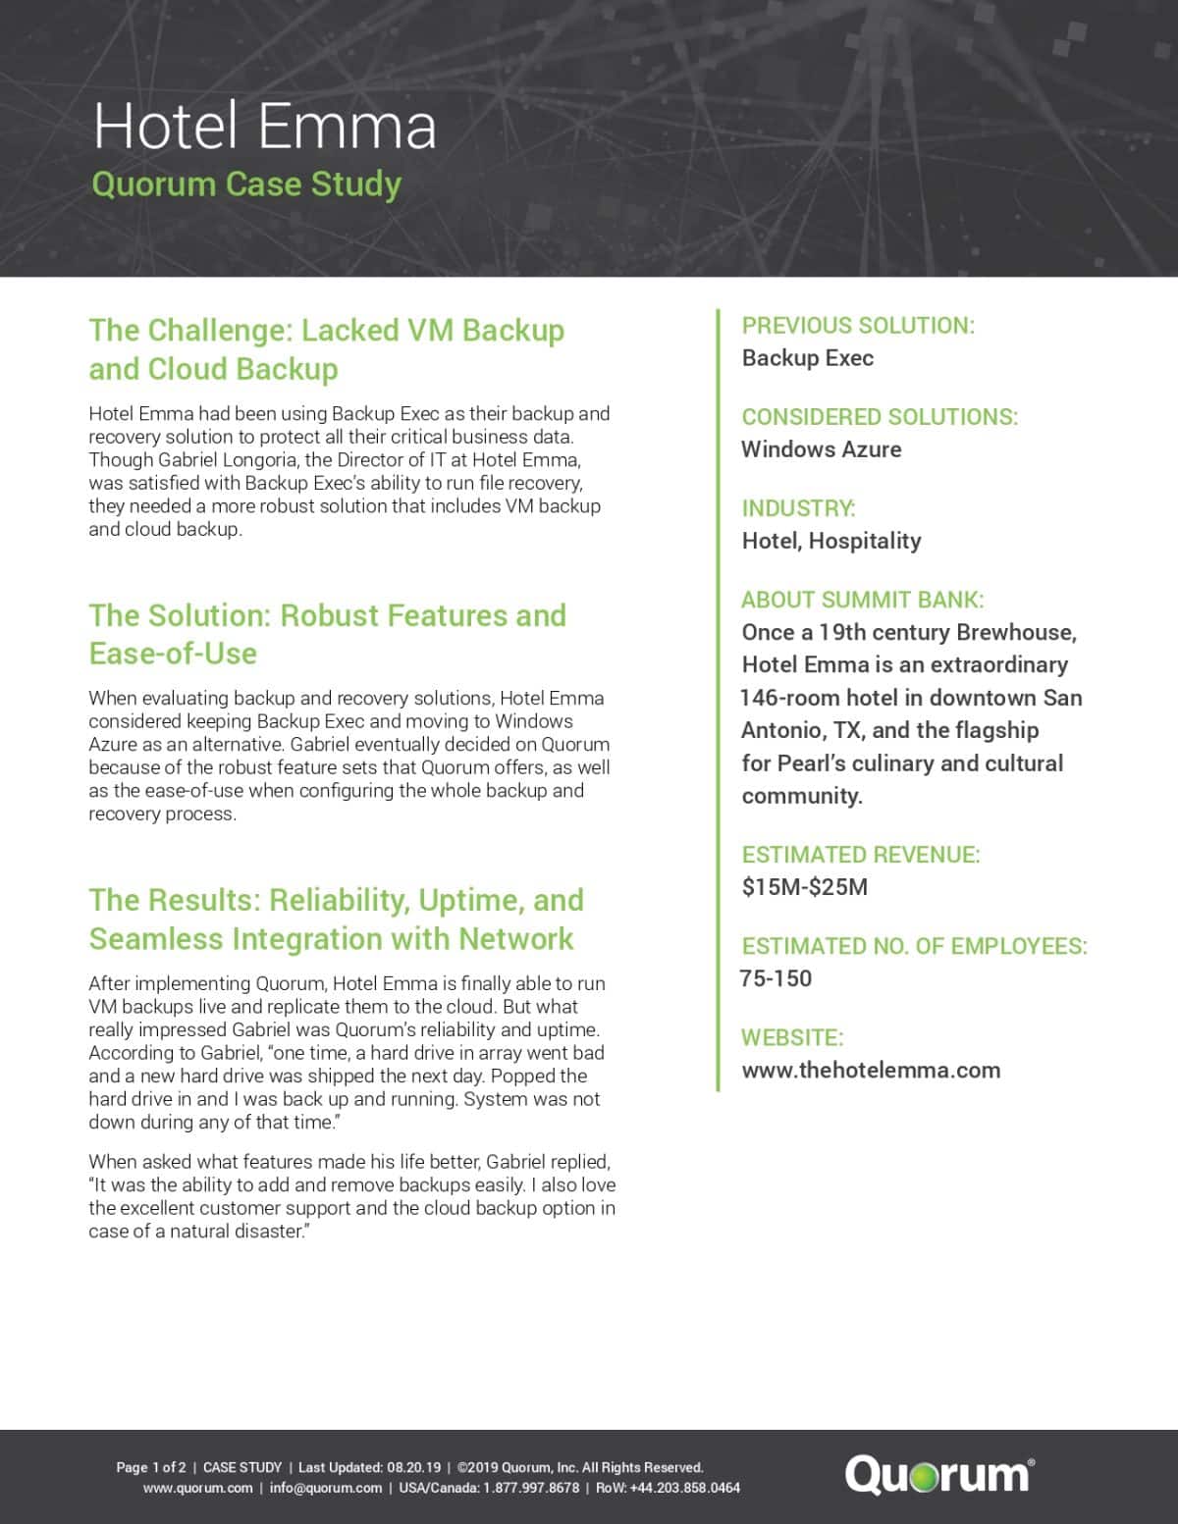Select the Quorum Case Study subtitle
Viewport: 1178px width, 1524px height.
[x=246, y=184]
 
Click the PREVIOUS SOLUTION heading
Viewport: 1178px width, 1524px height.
[x=858, y=326]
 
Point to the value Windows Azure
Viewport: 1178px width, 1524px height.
[x=821, y=449]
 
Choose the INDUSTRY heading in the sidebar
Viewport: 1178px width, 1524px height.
[x=798, y=508]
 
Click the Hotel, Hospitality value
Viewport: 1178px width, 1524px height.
[x=831, y=541]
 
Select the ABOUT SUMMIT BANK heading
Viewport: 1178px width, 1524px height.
[x=862, y=600]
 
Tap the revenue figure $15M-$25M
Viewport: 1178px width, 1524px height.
[x=804, y=887]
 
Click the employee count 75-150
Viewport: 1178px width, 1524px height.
[x=776, y=978]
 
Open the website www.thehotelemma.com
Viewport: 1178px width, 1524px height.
[x=871, y=1070]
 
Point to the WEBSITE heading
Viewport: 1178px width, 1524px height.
[x=792, y=1037]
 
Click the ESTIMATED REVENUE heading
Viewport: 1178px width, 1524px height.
[x=860, y=855]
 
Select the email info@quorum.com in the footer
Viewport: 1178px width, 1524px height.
[x=326, y=1488]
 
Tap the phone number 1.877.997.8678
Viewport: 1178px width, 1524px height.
[x=531, y=1488]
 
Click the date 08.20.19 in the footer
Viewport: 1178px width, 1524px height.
[x=413, y=1468]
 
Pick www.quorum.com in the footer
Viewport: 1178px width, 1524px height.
[x=197, y=1488]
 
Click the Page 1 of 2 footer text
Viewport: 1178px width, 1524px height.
[x=150, y=1468]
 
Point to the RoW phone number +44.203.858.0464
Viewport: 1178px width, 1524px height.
[x=685, y=1488]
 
